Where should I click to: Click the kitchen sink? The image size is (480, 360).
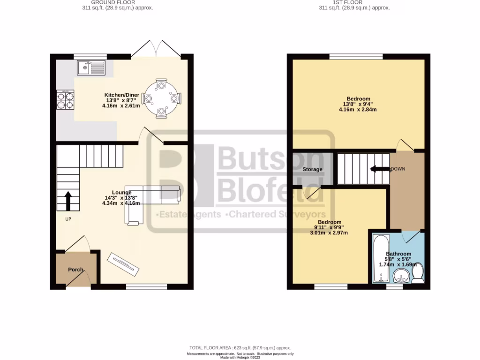point(92,68)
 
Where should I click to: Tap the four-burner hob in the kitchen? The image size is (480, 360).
point(66,99)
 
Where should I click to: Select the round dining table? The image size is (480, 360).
point(161,99)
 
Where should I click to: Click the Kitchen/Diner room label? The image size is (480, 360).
point(121,95)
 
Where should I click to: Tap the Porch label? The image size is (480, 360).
point(75,270)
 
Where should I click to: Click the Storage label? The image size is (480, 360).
point(312,169)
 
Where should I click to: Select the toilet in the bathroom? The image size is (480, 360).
point(417,274)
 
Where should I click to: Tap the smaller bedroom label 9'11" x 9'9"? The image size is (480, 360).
point(329,227)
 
